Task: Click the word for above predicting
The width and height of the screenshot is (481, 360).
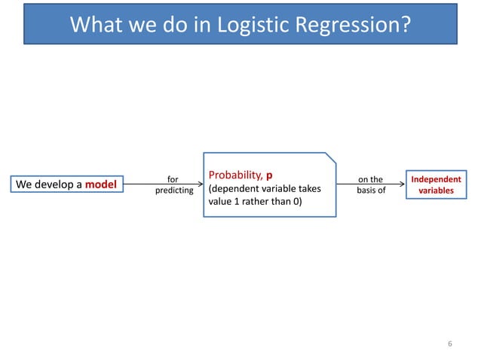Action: tap(173, 179)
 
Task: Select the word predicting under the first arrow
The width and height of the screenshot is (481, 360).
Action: tap(173, 191)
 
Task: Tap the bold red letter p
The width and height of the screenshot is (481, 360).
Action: tap(269, 175)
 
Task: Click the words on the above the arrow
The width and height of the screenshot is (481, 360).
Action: tap(370, 179)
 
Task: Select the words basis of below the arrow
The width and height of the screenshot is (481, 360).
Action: tap(370, 191)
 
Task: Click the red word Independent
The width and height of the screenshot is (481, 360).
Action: tap(436, 179)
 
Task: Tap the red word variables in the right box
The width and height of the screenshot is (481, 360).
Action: tap(436, 191)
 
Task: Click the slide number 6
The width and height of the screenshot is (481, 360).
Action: tap(449, 343)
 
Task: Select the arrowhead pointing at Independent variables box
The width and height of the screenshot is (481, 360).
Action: tap(401, 185)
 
